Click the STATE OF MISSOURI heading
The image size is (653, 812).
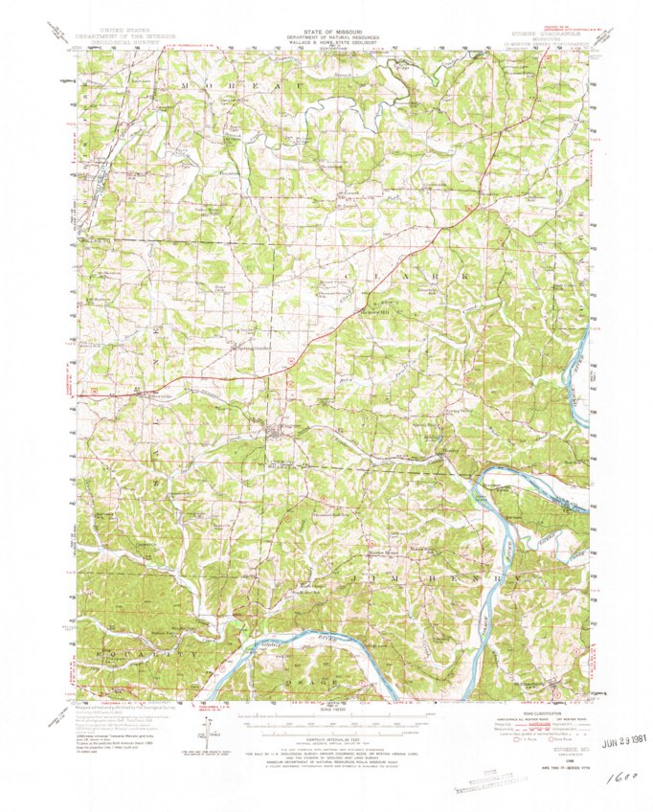326,31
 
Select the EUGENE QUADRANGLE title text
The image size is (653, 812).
547,31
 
